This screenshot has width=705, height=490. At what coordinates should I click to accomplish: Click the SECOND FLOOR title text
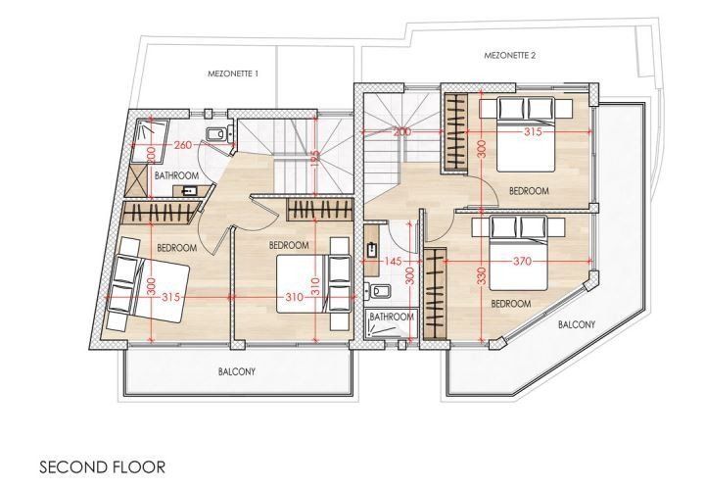[103, 466]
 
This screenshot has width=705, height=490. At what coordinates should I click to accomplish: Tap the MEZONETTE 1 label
[233, 73]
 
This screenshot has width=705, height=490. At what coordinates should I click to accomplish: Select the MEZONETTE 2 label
[510, 56]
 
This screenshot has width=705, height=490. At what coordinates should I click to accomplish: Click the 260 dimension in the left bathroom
[183, 145]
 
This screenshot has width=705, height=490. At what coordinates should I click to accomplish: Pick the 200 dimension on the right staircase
[402, 132]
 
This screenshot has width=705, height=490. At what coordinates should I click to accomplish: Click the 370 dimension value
[522, 261]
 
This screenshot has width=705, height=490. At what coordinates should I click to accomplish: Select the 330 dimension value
[481, 276]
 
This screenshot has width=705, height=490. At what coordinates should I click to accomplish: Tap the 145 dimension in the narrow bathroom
[394, 261]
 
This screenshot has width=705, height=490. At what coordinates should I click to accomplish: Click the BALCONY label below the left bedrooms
[237, 371]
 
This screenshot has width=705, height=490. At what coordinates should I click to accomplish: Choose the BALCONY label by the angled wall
[577, 324]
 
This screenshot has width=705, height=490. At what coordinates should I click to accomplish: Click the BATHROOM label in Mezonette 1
[176, 175]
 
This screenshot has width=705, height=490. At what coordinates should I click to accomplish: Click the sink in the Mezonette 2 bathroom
[371, 249]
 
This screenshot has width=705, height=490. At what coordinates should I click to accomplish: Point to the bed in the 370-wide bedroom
[518, 253]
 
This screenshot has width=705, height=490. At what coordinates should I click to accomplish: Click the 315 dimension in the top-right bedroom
[534, 132]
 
